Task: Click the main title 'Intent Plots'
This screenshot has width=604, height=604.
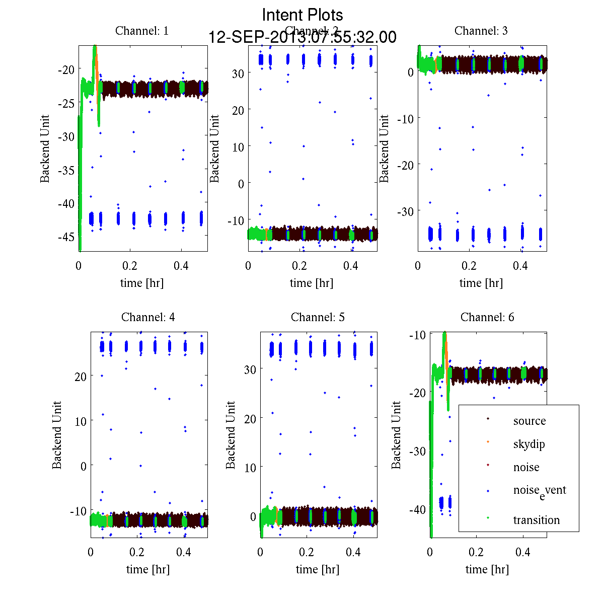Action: tap(303, 15)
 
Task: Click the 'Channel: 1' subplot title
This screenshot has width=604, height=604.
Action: tap(142, 31)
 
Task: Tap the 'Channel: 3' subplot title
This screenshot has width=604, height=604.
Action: tap(481, 31)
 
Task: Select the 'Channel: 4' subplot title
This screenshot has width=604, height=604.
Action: tap(148, 317)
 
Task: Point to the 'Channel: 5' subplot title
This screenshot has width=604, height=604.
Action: tap(318, 317)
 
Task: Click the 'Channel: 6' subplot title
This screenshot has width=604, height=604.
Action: tap(487, 317)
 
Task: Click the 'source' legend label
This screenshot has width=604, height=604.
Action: tap(530, 421)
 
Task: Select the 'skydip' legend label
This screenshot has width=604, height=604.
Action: tap(529, 444)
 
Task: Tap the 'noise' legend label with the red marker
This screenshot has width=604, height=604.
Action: tap(526, 467)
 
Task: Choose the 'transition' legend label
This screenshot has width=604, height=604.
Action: tap(536, 520)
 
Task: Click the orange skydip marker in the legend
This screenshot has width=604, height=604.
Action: tap(488, 441)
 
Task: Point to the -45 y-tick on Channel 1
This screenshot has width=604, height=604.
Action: tap(65, 237)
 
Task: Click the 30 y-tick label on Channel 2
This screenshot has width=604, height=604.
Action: tap(238, 73)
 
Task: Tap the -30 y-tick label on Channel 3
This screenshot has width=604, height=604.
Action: tap(406, 211)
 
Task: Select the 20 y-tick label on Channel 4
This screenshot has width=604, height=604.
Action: tap(81, 376)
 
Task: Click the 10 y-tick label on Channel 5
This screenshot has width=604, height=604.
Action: tap(250, 468)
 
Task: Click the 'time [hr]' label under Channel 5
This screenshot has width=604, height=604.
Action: tap(318, 569)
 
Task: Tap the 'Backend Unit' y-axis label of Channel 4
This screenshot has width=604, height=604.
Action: tap(57, 435)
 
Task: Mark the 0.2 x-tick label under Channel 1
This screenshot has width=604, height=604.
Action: tap(130, 266)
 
